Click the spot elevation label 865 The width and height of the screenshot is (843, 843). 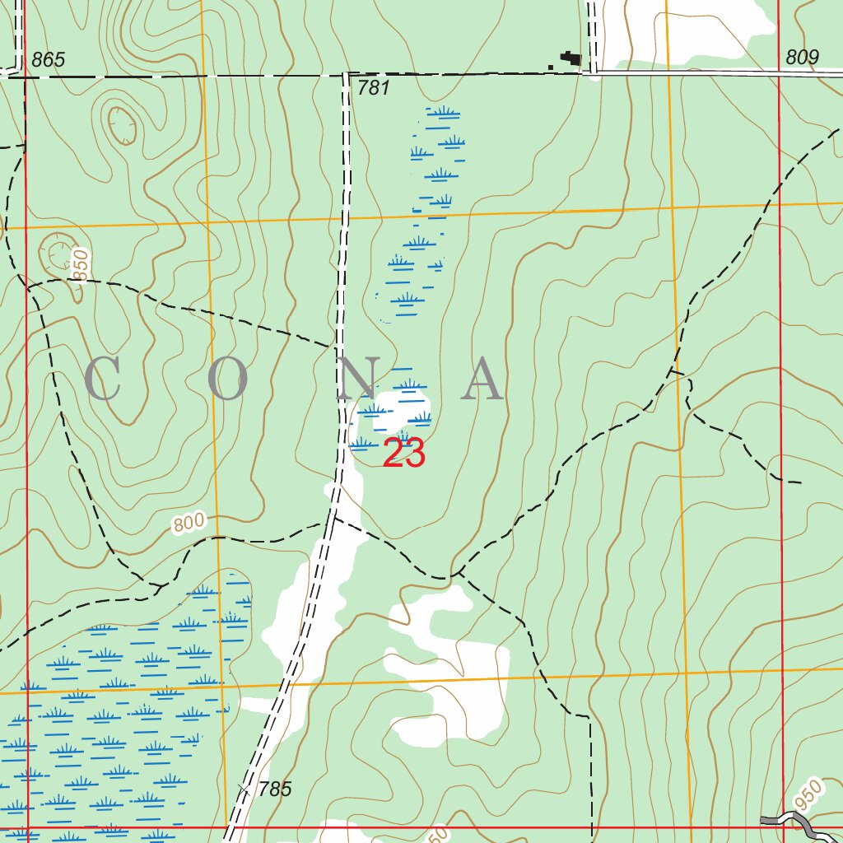(x=48, y=60)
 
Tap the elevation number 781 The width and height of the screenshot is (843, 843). (x=374, y=88)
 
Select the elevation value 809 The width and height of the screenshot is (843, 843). (x=802, y=57)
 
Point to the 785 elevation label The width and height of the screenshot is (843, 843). (x=274, y=789)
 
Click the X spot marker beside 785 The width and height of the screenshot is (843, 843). (x=244, y=788)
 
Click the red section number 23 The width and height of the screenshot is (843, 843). (x=404, y=454)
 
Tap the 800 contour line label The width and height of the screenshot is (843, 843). (x=188, y=523)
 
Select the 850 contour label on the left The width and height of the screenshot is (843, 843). (x=79, y=265)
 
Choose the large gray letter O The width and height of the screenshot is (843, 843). (x=228, y=380)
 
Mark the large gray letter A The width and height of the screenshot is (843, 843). (x=482, y=380)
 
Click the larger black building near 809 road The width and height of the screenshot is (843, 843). (x=570, y=58)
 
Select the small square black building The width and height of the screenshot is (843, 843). (x=551, y=64)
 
